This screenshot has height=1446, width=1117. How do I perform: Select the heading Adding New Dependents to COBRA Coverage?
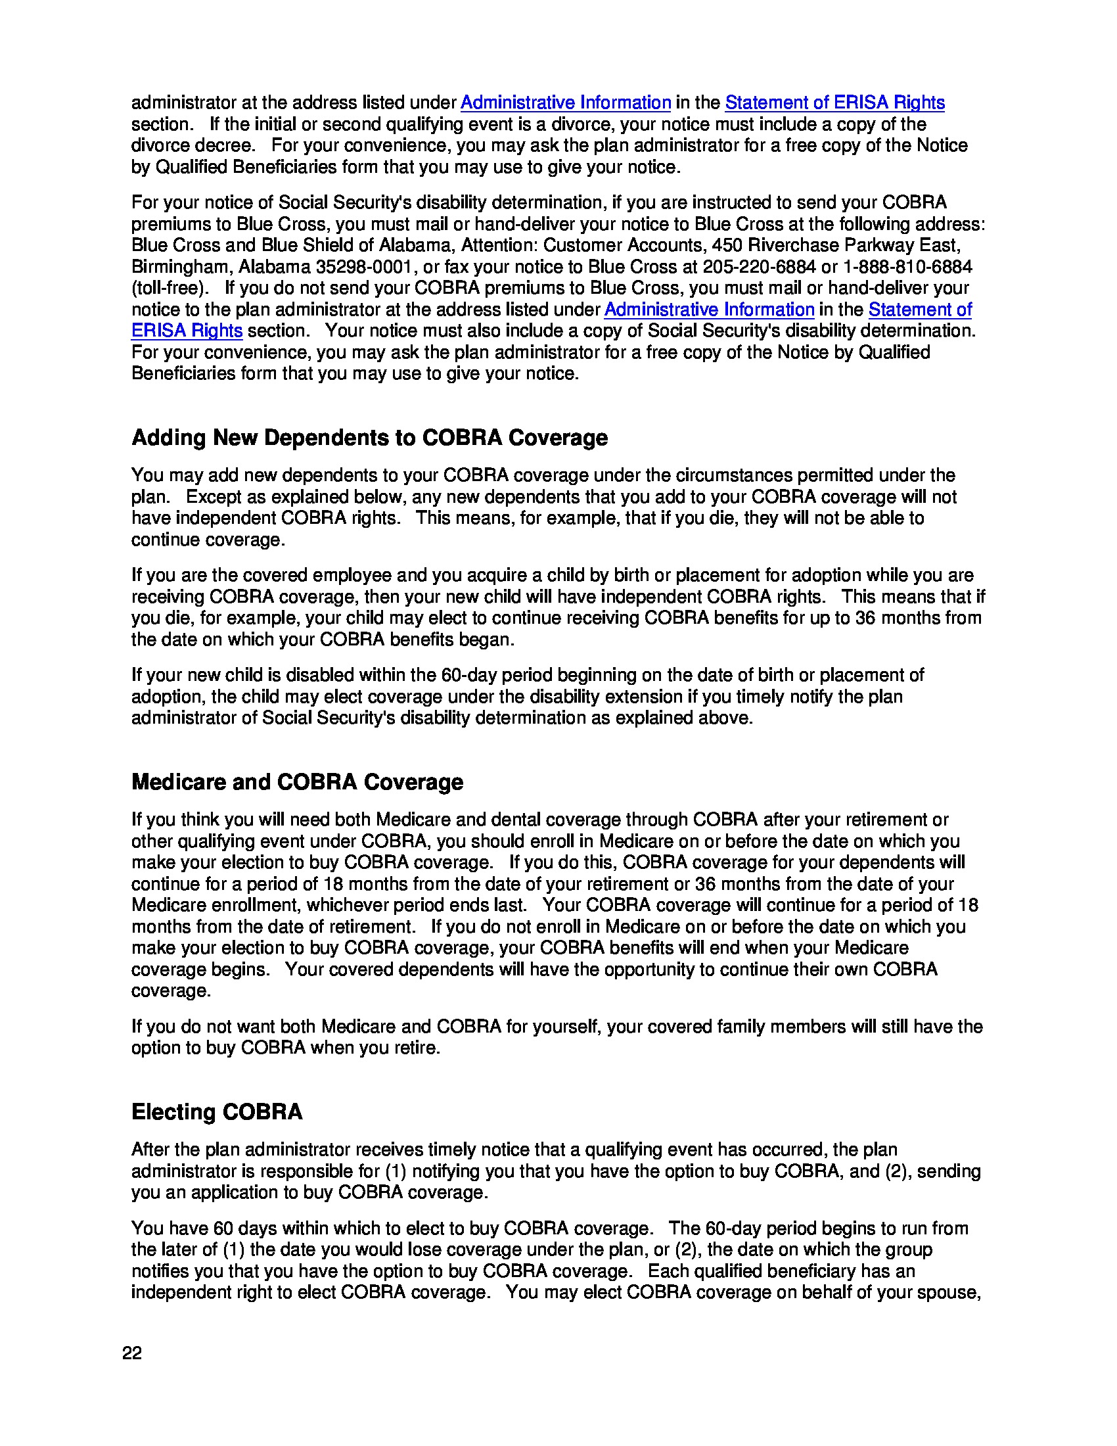point(369,438)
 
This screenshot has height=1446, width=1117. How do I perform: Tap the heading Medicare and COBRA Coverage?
point(297,782)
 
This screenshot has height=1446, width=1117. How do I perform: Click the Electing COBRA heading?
point(216,1111)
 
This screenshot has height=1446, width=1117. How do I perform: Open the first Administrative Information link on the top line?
point(566,103)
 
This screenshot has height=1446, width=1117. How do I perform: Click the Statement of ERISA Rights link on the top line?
point(834,103)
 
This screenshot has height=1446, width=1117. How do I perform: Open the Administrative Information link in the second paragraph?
point(709,309)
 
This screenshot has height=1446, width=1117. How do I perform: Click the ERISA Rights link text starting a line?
point(187,331)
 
